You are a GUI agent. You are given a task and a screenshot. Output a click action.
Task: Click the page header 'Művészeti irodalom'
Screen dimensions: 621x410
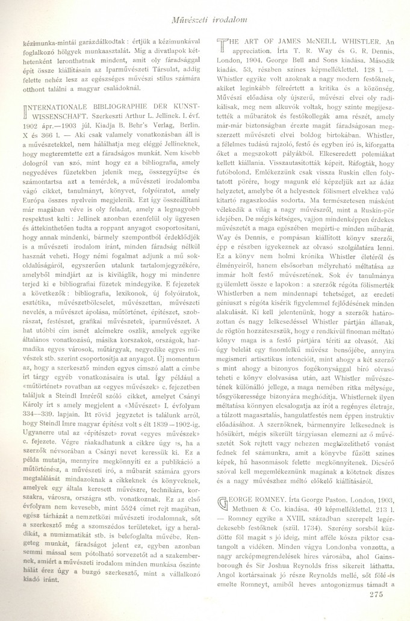pyautogui.click(x=203, y=7)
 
